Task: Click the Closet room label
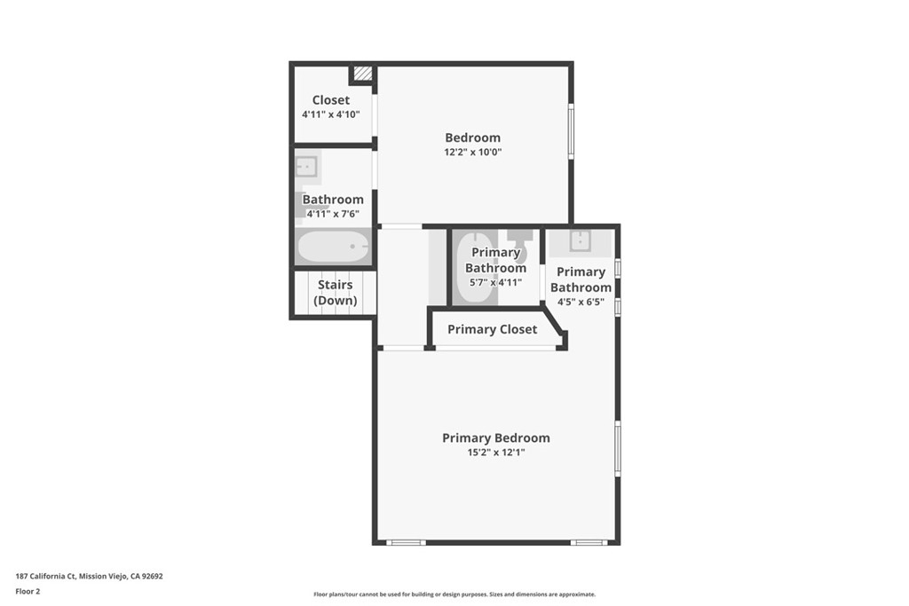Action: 330,100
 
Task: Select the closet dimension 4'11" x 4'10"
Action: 330,114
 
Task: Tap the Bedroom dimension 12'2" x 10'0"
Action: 472,153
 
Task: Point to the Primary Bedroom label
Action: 495,438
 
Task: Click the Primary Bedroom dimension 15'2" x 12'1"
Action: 495,453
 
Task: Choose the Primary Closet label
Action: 492,329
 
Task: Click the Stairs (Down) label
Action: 335,293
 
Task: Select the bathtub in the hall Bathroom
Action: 333,247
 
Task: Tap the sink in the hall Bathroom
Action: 305,167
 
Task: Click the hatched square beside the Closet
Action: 363,74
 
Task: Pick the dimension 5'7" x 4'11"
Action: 495,283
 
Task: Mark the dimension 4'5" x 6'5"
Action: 581,302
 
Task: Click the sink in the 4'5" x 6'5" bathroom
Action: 580,241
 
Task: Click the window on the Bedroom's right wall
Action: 571,130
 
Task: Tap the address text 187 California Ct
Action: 46,577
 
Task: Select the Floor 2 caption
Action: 28,592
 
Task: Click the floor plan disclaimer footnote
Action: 454,594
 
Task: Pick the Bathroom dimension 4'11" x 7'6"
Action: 333,215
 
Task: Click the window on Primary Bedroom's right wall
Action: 618,449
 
